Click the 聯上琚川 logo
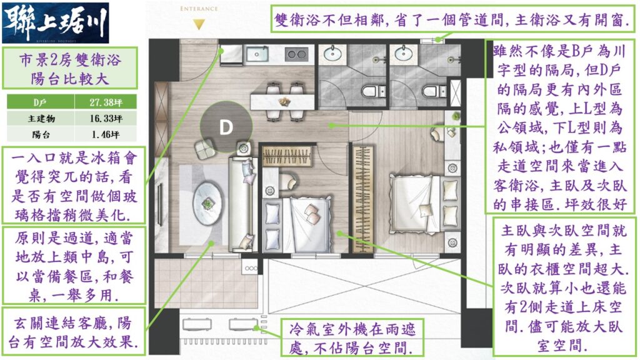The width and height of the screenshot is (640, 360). tap(56, 23)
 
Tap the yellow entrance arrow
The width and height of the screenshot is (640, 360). tap(199, 25)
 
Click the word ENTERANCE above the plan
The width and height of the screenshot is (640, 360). tap(199, 9)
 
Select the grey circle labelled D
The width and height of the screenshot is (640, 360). tap(226, 127)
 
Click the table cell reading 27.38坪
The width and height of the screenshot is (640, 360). tap(106, 102)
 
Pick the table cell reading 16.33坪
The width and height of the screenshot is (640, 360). tap(106, 118)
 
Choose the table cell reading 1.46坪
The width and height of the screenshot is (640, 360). tap(106, 134)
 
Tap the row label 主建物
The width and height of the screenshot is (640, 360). tap(41, 118)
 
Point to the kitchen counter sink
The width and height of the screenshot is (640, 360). tap(257, 54)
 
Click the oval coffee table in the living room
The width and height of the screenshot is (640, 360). tap(207, 203)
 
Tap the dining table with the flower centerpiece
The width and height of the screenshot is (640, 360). tap(282, 102)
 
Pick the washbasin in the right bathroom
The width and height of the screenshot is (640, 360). tap(403, 52)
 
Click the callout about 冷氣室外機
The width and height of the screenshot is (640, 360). tap(352, 338)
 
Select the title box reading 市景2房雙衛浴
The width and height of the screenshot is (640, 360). tap(70, 67)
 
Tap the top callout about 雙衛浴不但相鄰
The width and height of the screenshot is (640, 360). tap(452, 19)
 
